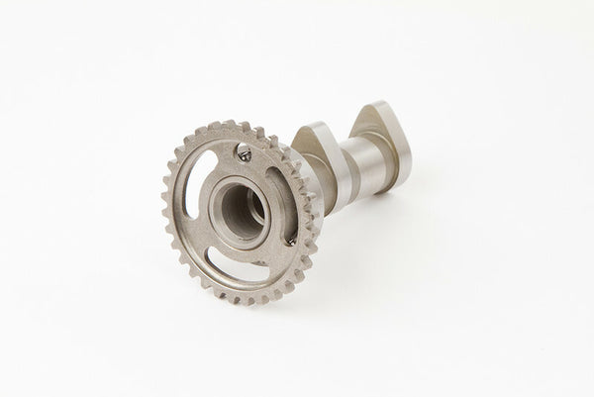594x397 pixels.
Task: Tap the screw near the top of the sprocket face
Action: [244, 152]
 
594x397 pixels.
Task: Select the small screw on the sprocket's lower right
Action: [291, 241]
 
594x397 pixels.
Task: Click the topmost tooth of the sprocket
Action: [230, 125]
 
